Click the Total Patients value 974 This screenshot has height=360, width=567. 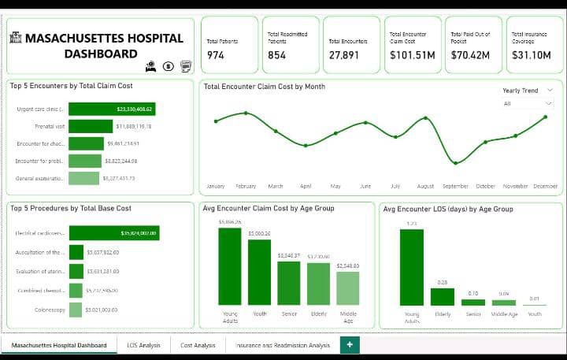[216, 55]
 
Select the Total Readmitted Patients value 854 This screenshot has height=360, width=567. [277, 55]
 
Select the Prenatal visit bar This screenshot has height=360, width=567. [91, 126]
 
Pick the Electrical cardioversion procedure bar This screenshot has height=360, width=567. [114, 233]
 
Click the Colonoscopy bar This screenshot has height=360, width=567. [76, 310]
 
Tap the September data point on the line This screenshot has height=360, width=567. [455, 163]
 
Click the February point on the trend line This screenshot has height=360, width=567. [246, 113]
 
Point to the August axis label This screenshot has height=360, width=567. [425, 187]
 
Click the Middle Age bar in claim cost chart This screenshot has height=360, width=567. [347, 288]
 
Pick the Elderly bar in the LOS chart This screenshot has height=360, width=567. [443, 297]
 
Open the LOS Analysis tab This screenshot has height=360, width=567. [143, 345]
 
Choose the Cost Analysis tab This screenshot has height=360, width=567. [198, 345]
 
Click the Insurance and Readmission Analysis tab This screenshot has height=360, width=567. [282, 345]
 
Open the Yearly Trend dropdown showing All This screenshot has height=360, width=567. [528, 103]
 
